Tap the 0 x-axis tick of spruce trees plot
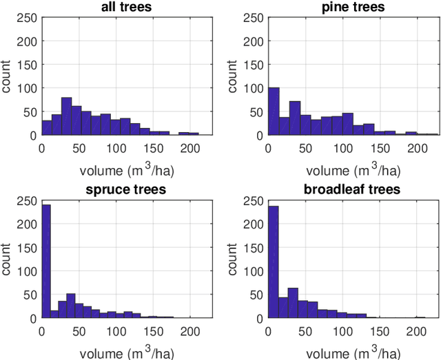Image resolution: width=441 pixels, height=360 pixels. pyautogui.click(x=41, y=330)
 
